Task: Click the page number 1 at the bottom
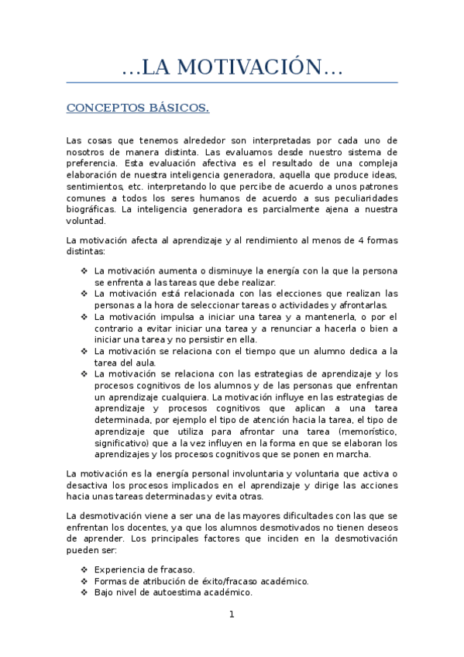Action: (232, 615)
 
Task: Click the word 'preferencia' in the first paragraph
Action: (91, 163)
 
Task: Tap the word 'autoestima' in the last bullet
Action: (187, 592)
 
